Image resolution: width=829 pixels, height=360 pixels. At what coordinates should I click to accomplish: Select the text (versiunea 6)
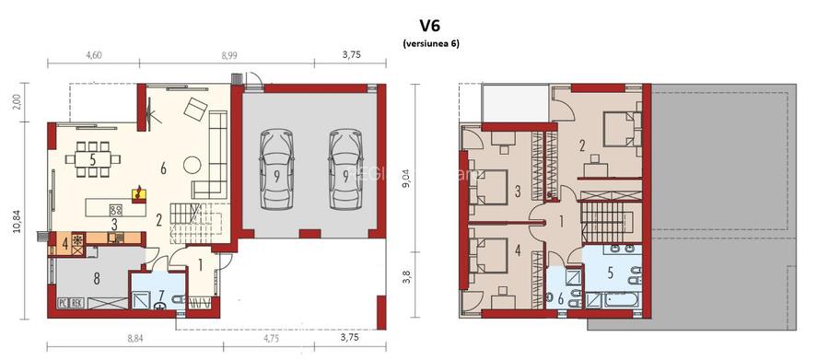pyautogui.click(x=430, y=44)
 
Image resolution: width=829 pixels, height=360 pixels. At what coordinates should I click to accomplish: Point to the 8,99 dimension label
pyautogui.click(x=229, y=56)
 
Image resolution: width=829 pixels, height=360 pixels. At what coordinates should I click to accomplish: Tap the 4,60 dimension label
pyautogui.click(x=94, y=56)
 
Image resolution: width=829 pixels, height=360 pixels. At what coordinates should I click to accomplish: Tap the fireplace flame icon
pyautogui.click(x=138, y=193)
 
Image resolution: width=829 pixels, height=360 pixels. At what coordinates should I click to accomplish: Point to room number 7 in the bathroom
pyautogui.click(x=162, y=296)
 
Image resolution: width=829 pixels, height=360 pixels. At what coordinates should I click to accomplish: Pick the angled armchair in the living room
pyautogui.click(x=196, y=110)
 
